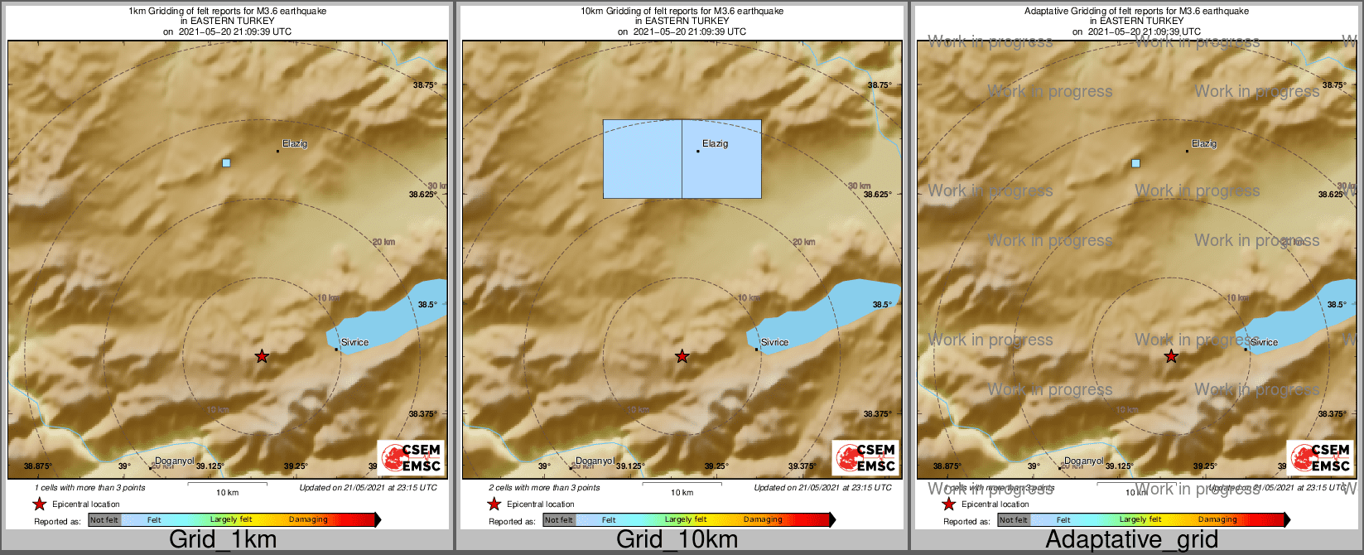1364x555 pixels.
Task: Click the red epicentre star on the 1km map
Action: point(262,356)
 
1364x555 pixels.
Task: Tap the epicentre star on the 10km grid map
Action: point(682,356)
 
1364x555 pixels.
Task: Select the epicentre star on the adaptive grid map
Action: point(1171,356)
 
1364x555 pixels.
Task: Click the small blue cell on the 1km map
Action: point(226,162)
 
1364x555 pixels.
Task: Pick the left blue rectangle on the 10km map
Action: point(643,159)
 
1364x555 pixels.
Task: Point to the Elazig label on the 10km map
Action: point(715,144)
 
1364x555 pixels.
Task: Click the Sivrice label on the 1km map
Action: point(354,342)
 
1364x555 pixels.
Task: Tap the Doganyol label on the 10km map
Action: point(595,461)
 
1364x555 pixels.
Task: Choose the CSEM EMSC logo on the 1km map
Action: point(411,457)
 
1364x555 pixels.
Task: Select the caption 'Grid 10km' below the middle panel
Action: point(677,540)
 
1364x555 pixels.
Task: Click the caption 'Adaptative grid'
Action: point(1131,540)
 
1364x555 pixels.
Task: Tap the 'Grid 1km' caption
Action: point(223,540)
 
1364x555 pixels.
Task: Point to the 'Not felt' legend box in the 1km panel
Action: point(104,520)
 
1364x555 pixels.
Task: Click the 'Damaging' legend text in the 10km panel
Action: point(763,520)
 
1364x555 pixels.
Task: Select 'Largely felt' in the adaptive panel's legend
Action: point(1140,520)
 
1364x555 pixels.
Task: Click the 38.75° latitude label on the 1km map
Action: point(425,84)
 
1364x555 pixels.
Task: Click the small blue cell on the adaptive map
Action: point(1135,163)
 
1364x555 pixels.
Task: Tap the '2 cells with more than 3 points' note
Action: point(543,488)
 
